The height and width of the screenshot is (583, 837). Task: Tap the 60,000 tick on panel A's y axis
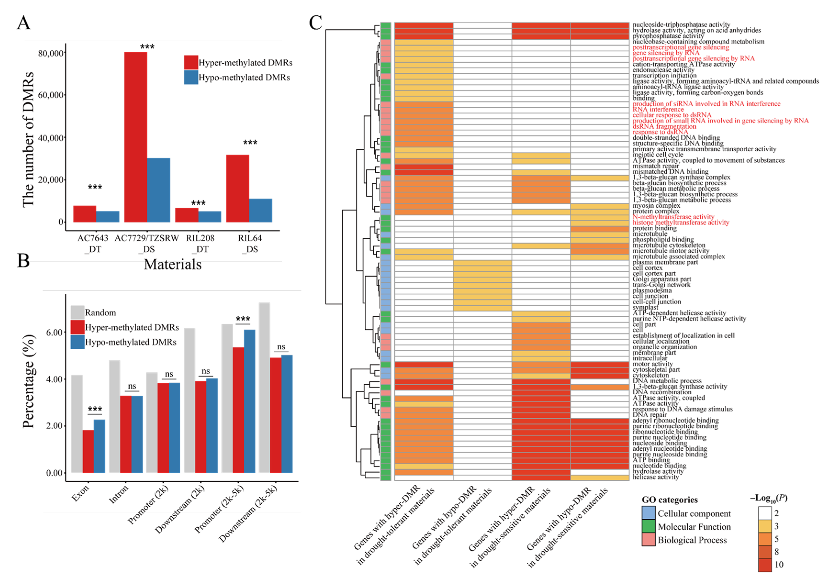51,95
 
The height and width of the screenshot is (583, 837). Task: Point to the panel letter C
315,22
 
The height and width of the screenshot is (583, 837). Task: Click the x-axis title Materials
173,264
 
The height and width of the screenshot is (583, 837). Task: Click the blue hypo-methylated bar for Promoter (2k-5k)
249,401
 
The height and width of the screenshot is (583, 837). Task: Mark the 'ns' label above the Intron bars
132,386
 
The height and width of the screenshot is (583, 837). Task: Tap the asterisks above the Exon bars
95,409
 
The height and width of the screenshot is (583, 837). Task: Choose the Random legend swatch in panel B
77,312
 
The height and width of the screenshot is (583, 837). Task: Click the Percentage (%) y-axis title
28,381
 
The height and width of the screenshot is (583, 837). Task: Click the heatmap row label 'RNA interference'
658,109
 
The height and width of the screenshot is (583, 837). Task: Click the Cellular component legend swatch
648,513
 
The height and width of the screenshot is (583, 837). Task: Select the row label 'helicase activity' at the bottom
655,477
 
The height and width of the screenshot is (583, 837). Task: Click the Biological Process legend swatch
648,540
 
